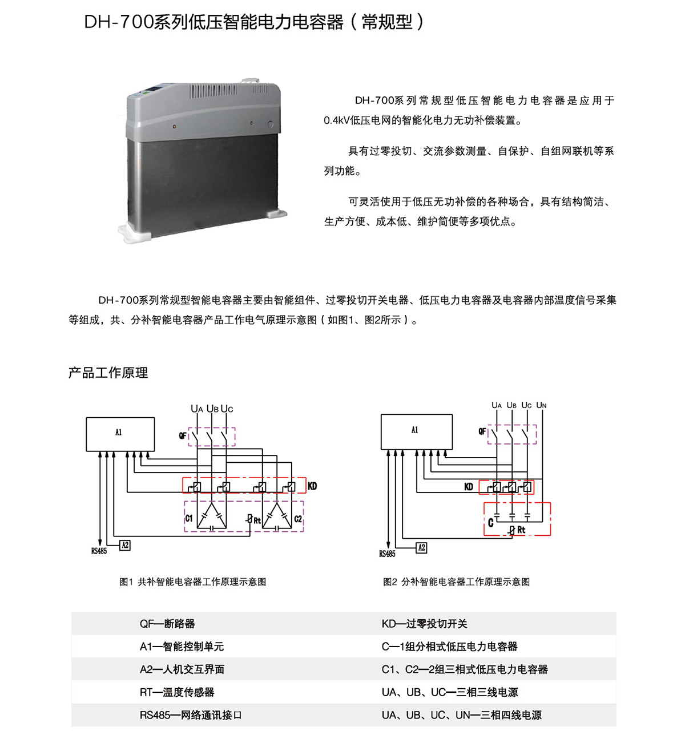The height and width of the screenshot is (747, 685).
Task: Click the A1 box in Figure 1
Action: [x=120, y=434]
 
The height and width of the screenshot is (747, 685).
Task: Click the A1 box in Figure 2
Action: [x=417, y=431]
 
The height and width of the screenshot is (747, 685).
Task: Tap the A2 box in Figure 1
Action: [x=125, y=546]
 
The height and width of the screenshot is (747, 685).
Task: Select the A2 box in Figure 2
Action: [x=421, y=548]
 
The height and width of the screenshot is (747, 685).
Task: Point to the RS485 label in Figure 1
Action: [x=99, y=551]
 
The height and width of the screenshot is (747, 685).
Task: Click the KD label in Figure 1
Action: [x=312, y=486]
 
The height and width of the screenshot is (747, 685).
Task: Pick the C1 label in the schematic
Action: [x=189, y=518]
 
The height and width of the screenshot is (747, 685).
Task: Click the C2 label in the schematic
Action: [x=298, y=519]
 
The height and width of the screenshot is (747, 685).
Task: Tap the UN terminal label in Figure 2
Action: [x=541, y=405]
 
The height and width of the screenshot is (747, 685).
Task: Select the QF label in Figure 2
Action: [x=482, y=431]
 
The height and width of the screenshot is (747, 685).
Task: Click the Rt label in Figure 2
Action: [x=521, y=530]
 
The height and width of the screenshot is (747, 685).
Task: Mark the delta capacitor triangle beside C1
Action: [x=212, y=515]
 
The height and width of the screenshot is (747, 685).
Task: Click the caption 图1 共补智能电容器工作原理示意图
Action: [x=192, y=582]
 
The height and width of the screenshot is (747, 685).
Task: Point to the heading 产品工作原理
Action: [x=108, y=373]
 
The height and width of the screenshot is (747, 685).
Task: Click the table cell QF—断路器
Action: [x=167, y=624]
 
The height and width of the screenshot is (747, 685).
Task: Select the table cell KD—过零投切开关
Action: [x=424, y=624]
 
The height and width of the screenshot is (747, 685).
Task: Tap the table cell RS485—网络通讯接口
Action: [x=191, y=715]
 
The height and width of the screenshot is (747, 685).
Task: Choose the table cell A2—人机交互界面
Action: [x=182, y=669]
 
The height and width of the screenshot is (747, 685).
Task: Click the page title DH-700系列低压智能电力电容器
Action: [x=213, y=22]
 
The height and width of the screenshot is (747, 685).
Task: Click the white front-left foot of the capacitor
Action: [x=135, y=233]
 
